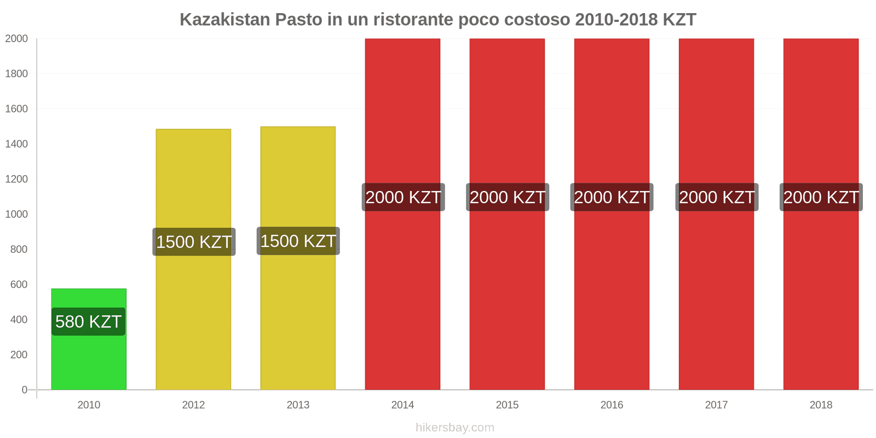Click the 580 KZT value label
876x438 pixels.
(89, 321)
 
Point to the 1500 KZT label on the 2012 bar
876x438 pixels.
(194, 242)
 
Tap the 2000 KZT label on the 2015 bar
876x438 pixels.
(508, 197)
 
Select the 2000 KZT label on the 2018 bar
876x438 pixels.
(821, 197)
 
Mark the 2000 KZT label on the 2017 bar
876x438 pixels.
(717, 197)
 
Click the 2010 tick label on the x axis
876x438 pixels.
(89, 405)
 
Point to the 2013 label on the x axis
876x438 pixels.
(298, 405)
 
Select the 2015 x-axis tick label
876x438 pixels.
(507, 405)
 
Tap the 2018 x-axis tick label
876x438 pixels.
(821, 405)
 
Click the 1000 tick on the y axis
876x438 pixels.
(16, 214)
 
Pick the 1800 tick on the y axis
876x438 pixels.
(16, 74)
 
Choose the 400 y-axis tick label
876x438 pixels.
(19, 320)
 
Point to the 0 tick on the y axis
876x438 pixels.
(24, 390)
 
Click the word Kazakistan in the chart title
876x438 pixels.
(224, 20)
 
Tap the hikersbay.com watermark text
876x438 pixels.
(454, 428)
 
